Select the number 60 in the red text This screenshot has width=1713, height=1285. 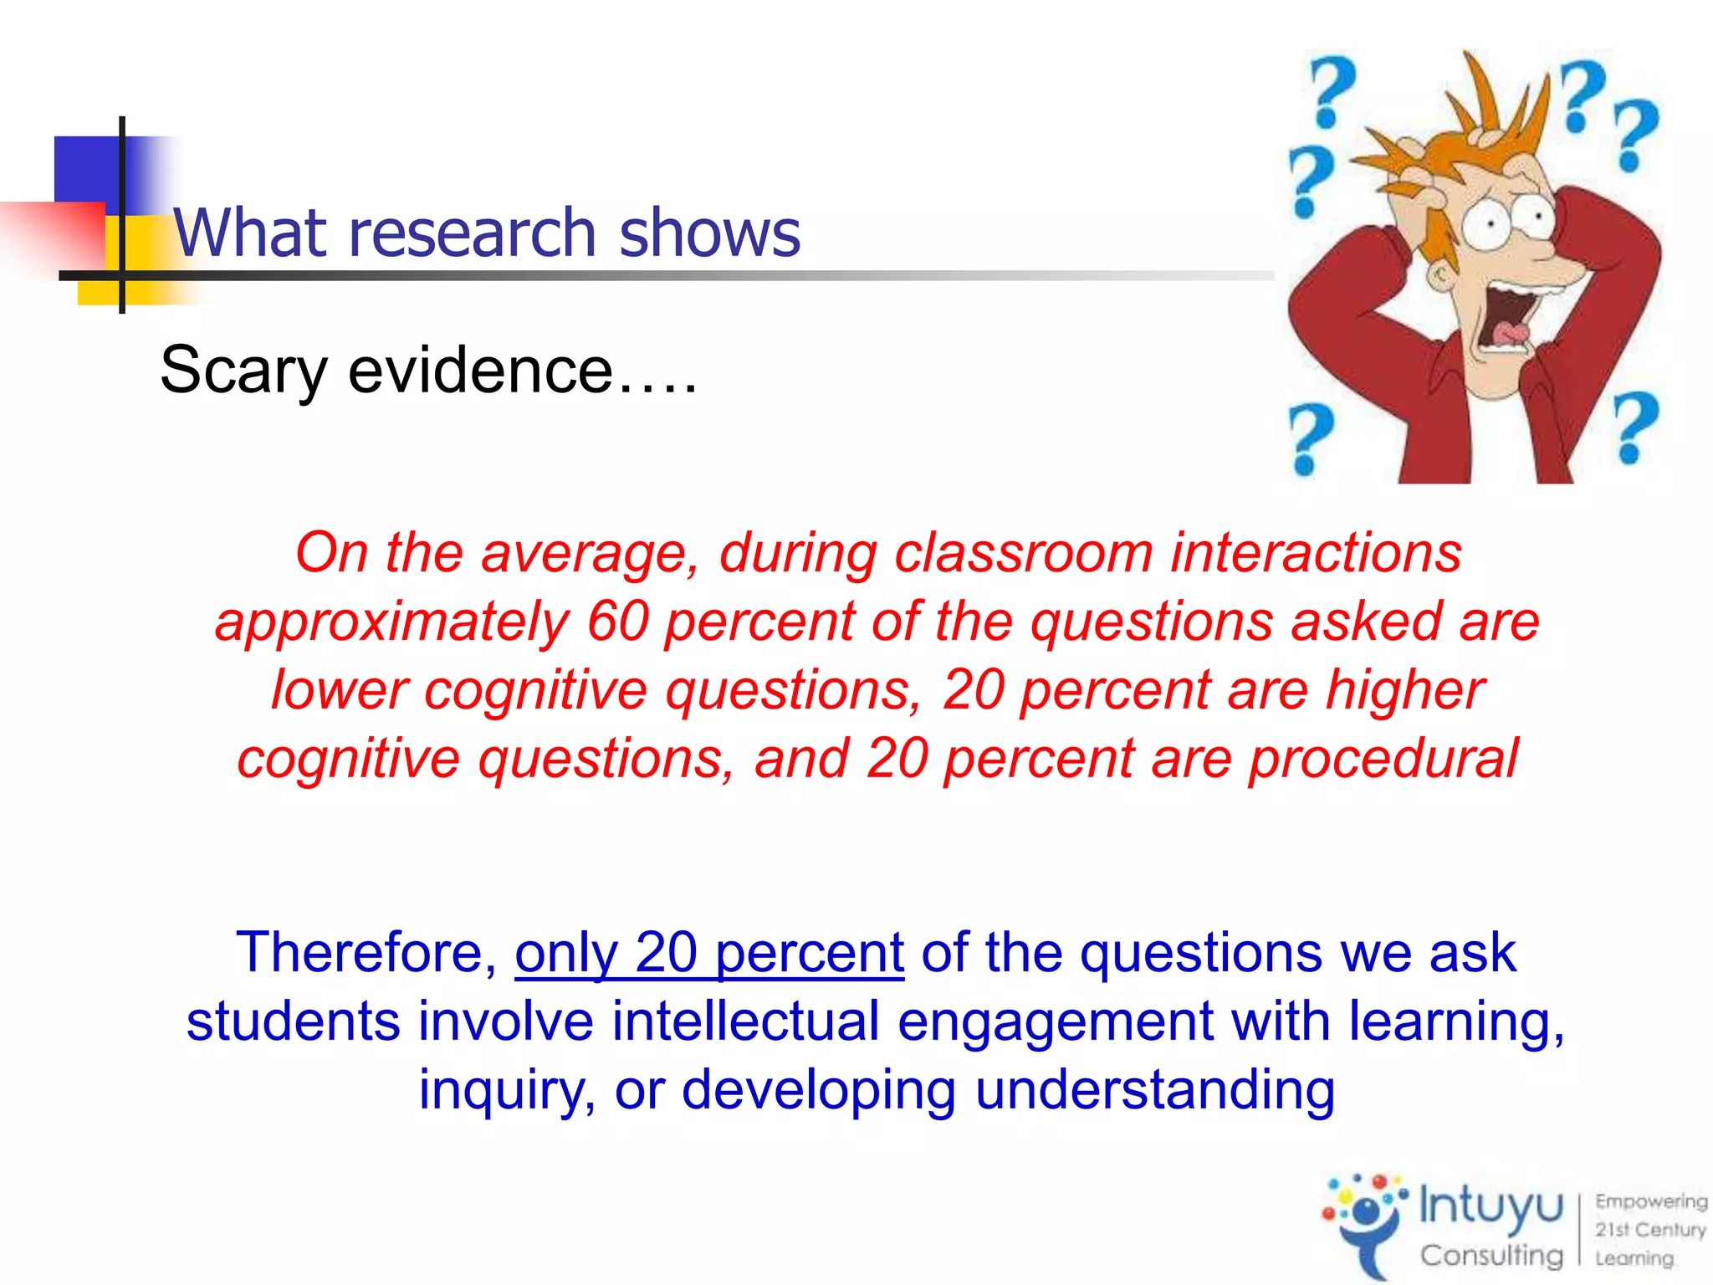tap(618, 622)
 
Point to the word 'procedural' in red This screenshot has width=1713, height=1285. tap(1383, 759)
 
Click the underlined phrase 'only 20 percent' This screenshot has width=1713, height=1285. tap(709, 953)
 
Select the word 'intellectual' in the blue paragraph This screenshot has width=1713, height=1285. tap(745, 1021)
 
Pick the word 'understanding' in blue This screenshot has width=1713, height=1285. tap(1154, 1090)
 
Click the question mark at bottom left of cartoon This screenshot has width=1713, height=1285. tap(1310, 438)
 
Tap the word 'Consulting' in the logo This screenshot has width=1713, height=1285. tap(1491, 1256)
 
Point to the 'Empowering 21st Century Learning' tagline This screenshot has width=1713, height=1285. tap(1649, 1230)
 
